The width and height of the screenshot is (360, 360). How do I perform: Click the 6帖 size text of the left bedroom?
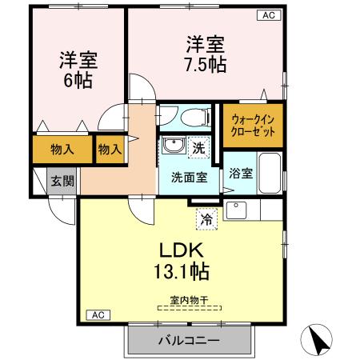pos(77,80)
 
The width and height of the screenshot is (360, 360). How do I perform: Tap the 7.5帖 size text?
pos(206,64)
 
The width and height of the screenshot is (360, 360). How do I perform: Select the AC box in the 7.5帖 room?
pos(267,15)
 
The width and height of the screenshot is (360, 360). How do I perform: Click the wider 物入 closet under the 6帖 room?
pos(62,149)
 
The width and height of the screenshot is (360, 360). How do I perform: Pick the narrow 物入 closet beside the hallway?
pos(109,149)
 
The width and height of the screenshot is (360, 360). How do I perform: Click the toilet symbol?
pos(192,118)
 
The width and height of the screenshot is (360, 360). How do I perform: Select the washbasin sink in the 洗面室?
pos(172,146)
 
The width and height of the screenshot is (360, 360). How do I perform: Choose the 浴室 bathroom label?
pos(241,173)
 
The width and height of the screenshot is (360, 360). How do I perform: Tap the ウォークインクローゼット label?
pos(253,125)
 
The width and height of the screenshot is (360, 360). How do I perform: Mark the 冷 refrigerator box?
pos(206,216)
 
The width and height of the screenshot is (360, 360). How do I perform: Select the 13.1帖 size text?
pos(183,271)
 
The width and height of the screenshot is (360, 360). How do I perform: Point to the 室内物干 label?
pos(185,300)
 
